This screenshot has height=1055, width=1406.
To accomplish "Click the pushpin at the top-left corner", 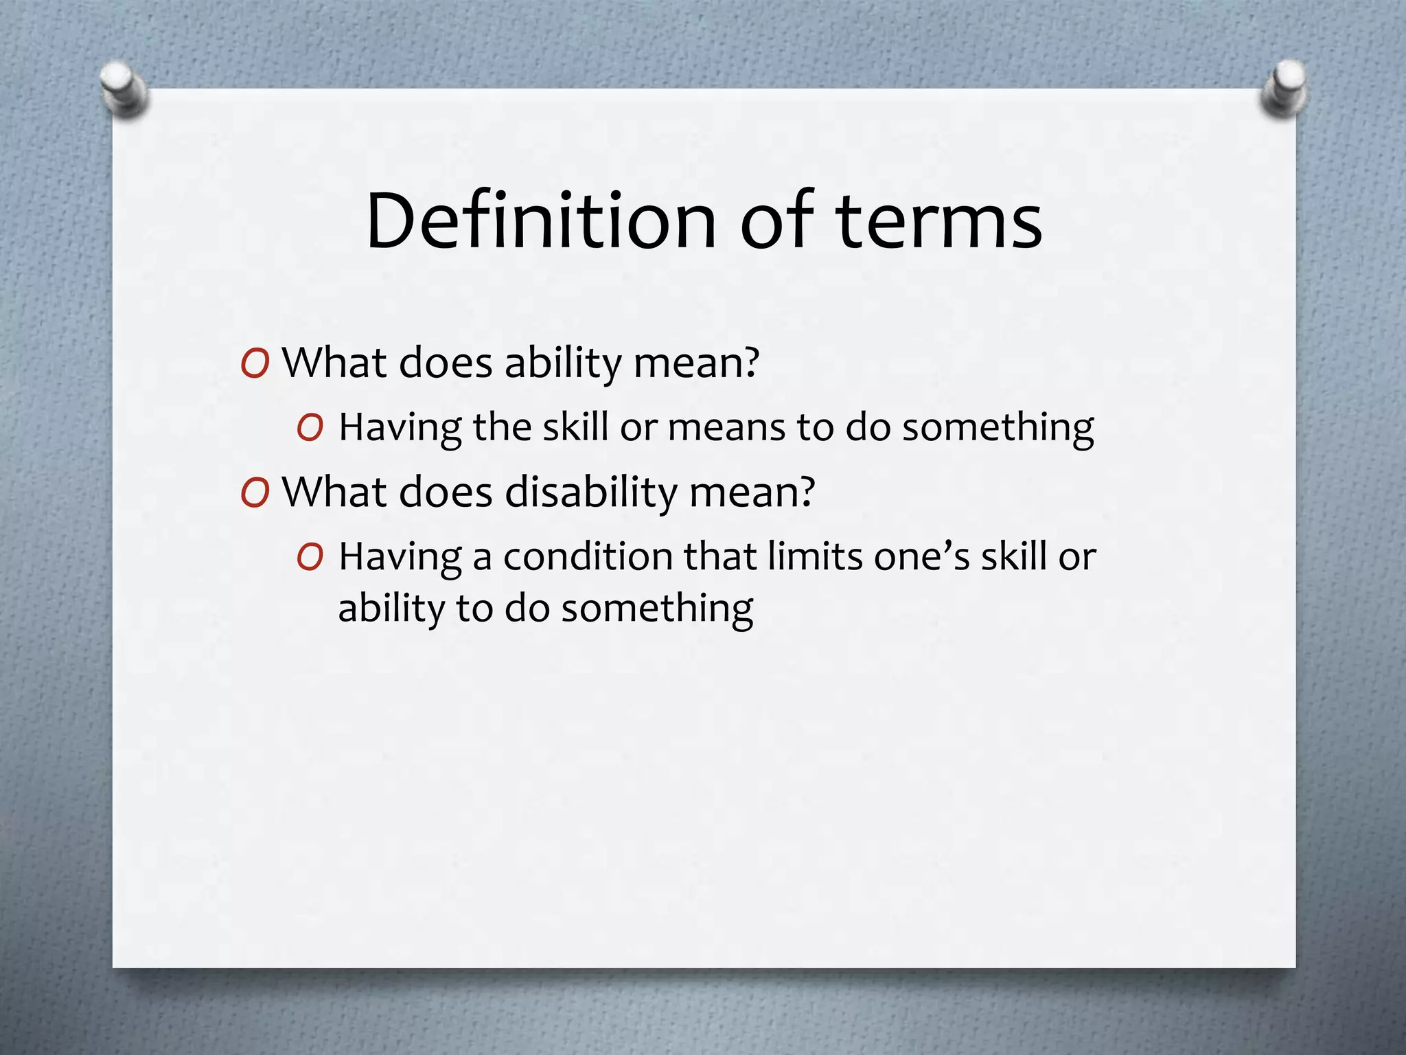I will [124, 88].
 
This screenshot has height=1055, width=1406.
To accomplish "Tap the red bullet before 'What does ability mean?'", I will [255, 363].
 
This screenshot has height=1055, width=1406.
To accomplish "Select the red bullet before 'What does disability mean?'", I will [255, 492].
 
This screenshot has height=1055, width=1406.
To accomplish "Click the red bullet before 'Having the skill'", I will [310, 428].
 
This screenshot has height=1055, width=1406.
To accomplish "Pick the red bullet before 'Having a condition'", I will [310, 557].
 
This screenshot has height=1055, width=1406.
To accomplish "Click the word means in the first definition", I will [726, 427].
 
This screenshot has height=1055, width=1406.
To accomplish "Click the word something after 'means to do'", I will [998, 428].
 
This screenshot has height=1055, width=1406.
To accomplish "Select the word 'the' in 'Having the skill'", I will [502, 427].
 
